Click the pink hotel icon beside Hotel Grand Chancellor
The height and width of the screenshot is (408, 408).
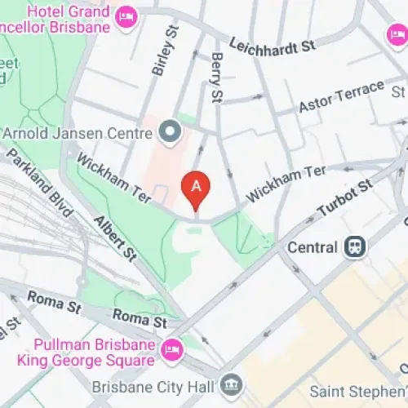pos(126,16)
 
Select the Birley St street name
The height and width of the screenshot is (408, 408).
pos(164,51)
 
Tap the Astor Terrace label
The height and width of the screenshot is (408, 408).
pos(341,95)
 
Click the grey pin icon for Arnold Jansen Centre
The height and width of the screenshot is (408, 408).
pos(170,131)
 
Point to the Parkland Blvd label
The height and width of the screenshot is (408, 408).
pos(37,175)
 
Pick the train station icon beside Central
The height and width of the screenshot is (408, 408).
pos(355,246)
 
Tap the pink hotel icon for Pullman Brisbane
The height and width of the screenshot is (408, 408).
pos(171,349)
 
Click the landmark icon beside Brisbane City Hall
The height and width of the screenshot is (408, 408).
pos(232,384)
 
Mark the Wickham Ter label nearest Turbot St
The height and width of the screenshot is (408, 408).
pos(286,183)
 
